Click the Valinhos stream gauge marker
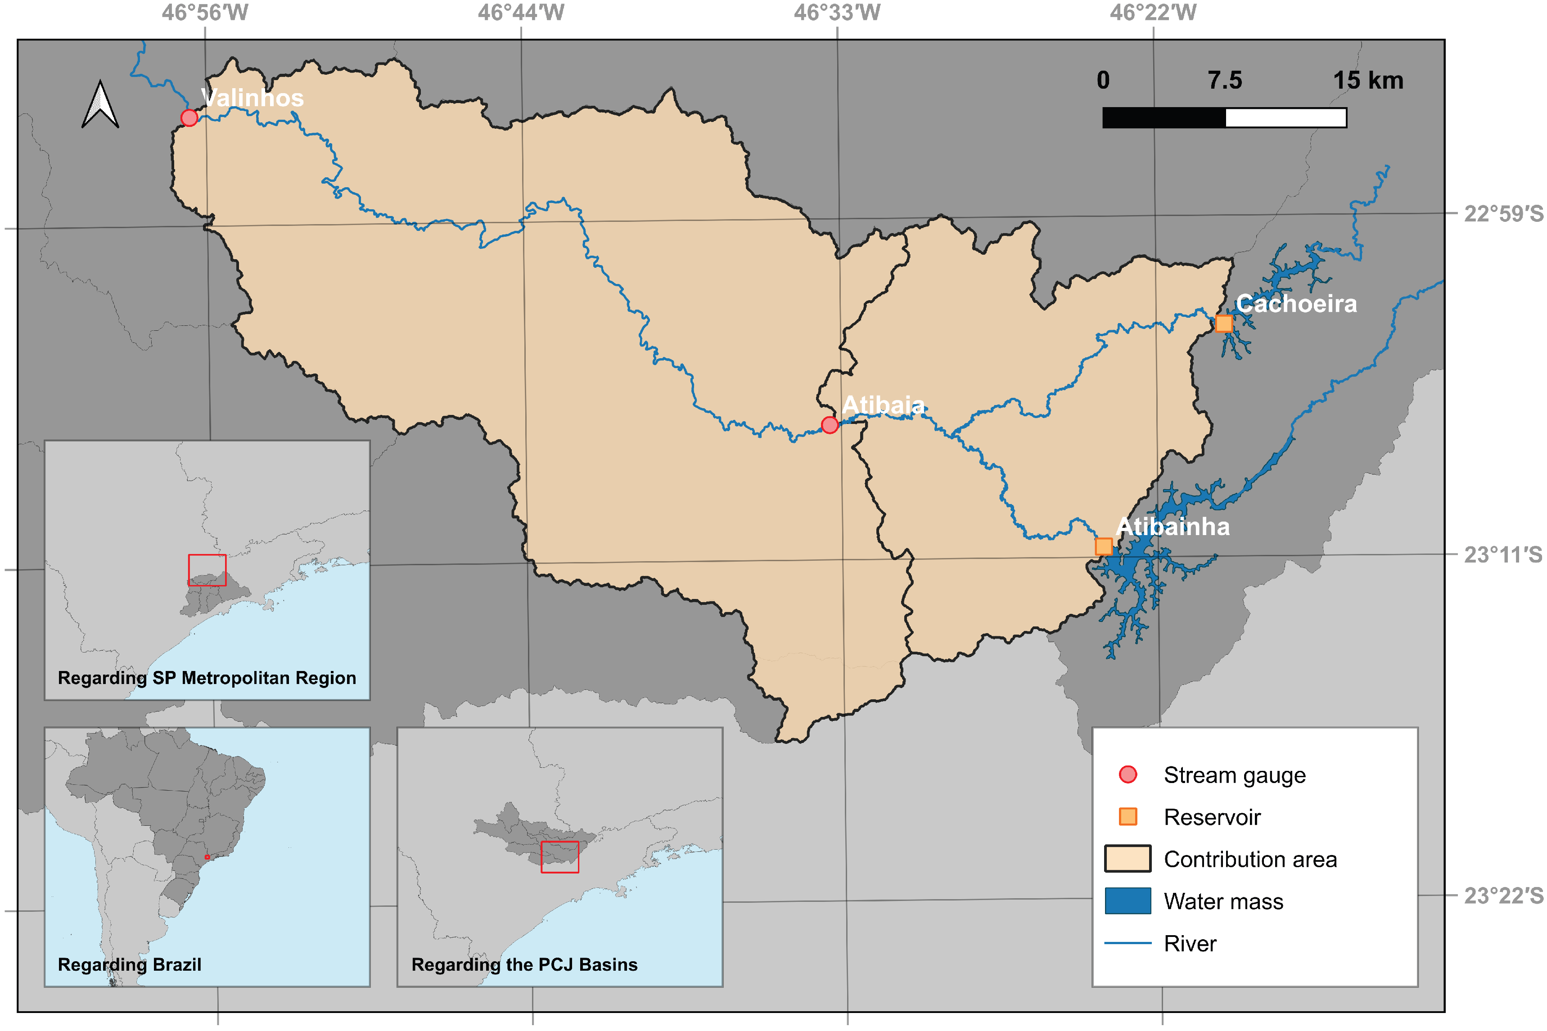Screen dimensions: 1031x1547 189,118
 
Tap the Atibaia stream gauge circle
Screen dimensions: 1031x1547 830,425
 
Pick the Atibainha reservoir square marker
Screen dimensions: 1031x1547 1104,546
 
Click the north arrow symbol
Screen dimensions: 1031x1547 100,105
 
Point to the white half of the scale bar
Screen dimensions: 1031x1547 1286,118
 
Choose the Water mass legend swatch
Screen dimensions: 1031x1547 1128,901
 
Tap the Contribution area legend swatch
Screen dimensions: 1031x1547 1128,859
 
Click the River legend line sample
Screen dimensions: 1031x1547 1128,943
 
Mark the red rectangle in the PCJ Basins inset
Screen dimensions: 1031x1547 559,857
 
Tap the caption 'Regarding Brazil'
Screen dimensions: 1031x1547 130,964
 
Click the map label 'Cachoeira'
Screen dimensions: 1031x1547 1296,304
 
